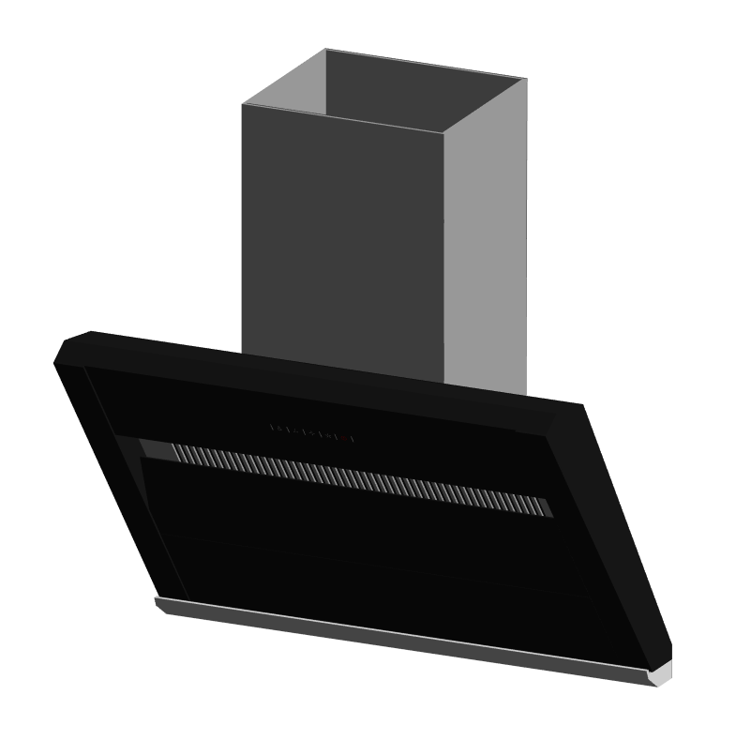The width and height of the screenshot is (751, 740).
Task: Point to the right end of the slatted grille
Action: [546, 507]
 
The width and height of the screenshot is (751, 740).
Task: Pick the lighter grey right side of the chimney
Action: [485, 244]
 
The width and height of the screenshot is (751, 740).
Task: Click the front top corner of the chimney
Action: [443, 132]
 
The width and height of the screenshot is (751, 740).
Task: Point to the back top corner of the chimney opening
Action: [326, 50]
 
